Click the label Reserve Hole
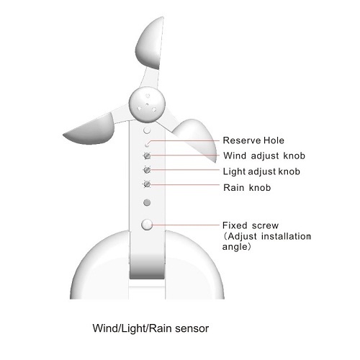253,140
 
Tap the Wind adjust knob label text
264,156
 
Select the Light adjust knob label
261,171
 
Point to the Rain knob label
247,187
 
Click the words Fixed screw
251,225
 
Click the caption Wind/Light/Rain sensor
150,328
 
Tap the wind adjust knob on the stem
147,156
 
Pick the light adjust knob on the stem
147,170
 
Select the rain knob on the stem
147,184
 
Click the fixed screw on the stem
147,225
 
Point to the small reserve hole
147,145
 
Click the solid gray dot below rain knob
147,203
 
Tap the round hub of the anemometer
147,104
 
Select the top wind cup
150,43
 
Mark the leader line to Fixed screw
186,225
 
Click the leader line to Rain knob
185,184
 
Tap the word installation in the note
286,236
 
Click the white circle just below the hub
147,130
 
